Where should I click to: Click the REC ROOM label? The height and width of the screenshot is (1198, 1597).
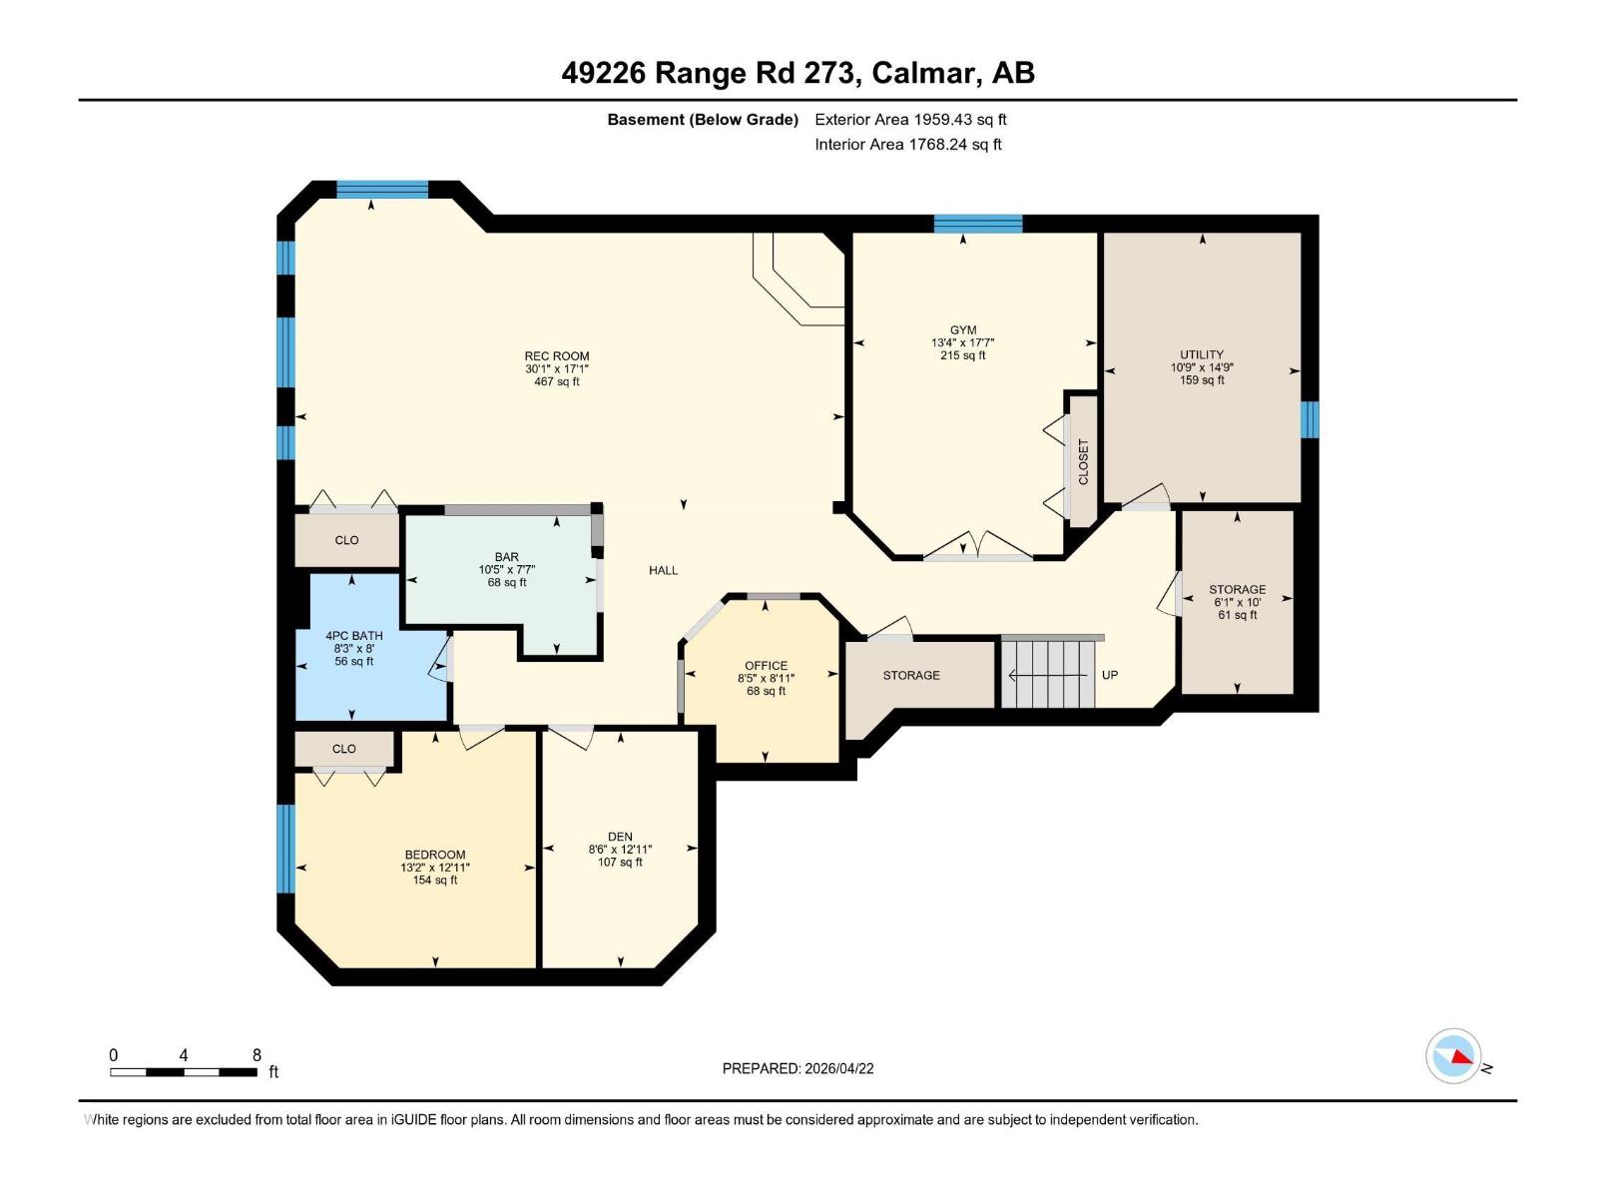(x=557, y=356)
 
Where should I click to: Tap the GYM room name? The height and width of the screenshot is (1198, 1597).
(x=963, y=330)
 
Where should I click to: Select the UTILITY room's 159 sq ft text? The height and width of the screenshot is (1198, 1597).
(x=1202, y=380)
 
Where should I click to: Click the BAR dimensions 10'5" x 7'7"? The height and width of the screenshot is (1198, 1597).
(x=507, y=570)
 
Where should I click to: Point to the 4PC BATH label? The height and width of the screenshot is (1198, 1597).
(x=354, y=636)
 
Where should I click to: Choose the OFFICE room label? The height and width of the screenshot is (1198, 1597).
(x=767, y=666)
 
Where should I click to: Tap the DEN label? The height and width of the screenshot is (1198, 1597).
(x=620, y=837)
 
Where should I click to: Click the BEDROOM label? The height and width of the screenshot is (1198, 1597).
(x=435, y=855)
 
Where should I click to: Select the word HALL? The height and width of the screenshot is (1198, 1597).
(x=664, y=570)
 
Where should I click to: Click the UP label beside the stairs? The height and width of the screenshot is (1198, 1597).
(x=1110, y=675)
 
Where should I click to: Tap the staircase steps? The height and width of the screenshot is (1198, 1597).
(x=1048, y=675)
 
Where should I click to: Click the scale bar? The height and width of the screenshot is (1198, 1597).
(x=184, y=1072)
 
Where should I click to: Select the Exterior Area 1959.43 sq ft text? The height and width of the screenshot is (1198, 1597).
(x=910, y=120)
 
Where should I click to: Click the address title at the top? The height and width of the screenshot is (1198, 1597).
(x=798, y=73)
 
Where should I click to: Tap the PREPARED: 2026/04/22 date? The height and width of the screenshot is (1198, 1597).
(x=798, y=1068)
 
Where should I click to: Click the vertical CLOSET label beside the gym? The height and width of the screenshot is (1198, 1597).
(x=1084, y=462)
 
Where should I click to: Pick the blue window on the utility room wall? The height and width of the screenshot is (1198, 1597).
(x=1310, y=419)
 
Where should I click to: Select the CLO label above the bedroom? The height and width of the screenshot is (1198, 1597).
(x=344, y=749)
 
